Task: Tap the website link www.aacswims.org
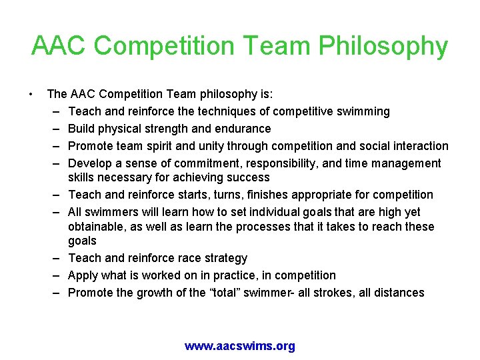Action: coord(239,346)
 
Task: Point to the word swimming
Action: coord(365,111)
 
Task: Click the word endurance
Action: coord(241,129)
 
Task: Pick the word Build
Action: coord(82,129)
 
